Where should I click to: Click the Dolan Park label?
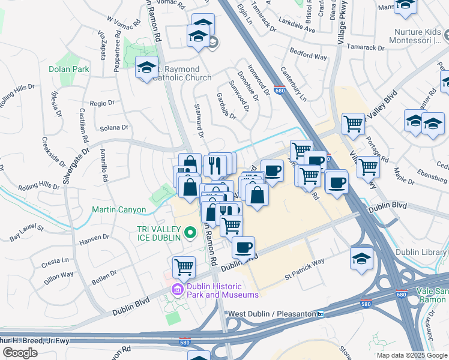point(68,69)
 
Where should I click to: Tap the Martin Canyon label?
point(118,210)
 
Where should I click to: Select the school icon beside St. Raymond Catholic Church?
point(146,68)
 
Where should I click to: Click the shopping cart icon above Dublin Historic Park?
point(184,266)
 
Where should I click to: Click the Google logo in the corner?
point(20,352)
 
